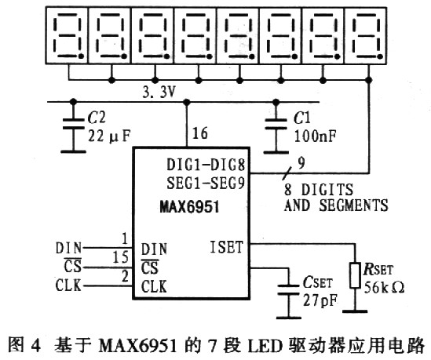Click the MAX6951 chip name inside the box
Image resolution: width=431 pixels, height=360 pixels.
189,206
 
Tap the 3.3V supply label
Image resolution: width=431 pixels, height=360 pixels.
159,93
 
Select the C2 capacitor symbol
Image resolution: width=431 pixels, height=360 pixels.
73,124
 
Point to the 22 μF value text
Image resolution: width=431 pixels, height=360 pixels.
109,136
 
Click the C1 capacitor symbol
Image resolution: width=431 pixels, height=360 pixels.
276,124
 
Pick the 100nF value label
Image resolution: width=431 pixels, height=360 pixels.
316,136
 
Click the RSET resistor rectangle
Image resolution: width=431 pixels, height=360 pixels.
355,275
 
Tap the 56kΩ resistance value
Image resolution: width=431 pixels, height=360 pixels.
384,288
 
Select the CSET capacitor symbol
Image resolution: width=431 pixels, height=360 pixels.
288,290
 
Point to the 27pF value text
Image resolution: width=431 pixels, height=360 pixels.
320,300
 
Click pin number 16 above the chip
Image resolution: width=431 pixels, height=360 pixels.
200,133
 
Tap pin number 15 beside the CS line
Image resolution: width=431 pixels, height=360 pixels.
121,257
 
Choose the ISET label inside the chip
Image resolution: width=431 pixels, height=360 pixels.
227,247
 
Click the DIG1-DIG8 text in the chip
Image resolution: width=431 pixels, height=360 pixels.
206,165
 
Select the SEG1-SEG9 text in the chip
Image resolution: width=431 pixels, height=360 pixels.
206,183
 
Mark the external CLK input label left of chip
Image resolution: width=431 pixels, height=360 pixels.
68,285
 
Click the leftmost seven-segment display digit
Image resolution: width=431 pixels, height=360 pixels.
67,36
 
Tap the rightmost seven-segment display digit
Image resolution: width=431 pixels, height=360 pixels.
365,36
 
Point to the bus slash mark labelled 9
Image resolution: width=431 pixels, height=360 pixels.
286,173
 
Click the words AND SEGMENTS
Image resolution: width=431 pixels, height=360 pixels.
336,205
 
